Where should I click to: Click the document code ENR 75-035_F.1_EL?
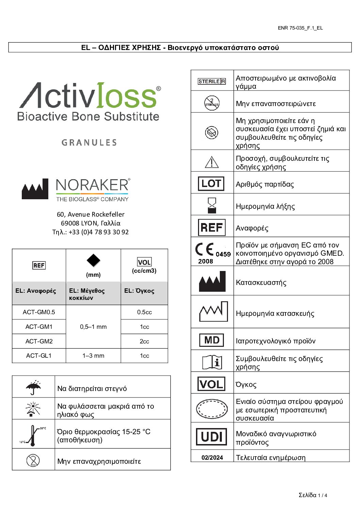point(300,28)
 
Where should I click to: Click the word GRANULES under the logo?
point(89,142)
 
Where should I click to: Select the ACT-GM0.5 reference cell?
point(39,312)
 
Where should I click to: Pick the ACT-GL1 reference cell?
point(39,356)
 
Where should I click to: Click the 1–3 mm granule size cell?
point(93,356)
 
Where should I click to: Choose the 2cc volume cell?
point(144,341)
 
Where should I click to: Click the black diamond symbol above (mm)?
point(93,260)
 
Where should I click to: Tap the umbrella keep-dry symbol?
point(33,387)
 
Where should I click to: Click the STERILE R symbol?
point(212,81)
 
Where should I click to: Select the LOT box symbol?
point(211,184)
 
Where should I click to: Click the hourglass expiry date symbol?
point(212,205)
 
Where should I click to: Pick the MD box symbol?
point(212,340)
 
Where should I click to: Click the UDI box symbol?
point(212,437)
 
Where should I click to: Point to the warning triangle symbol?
point(212,162)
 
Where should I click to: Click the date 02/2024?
point(212,458)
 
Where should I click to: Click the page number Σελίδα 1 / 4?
point(313,495)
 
